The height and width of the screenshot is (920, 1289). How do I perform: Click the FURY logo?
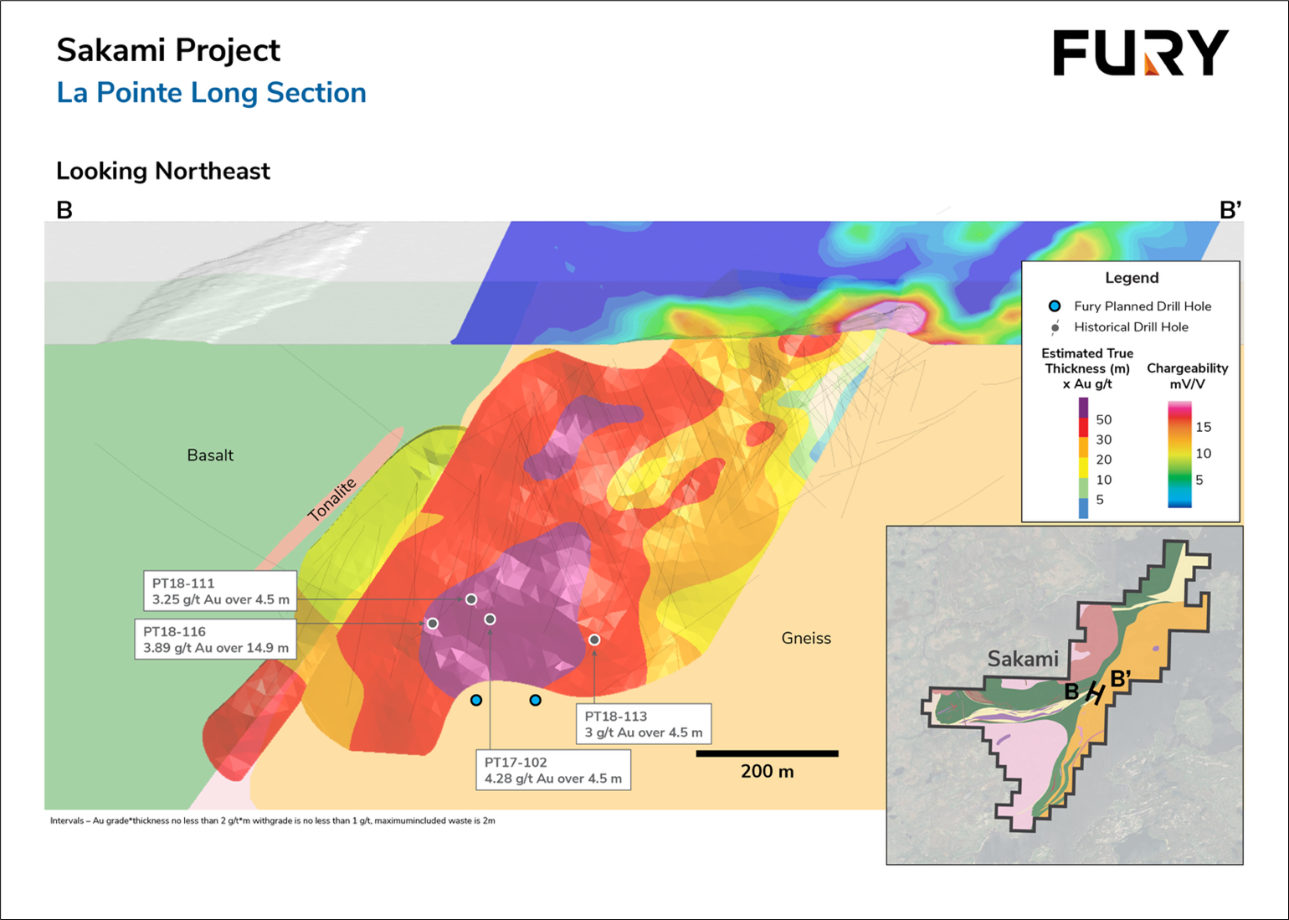tap(1140, 53)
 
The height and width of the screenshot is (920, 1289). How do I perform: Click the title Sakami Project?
tap(168, 50)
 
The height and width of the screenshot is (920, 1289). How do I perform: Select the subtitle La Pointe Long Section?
tap(211, 93)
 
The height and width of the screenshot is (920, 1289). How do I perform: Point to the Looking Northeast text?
tap(162, 171)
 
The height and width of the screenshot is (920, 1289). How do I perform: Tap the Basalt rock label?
tap(210, 455)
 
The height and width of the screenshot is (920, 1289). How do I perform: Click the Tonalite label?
tap(332, 500)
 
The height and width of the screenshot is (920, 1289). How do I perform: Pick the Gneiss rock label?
tap(806, 638)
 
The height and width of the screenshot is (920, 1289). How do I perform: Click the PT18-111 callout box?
tap(220, 591)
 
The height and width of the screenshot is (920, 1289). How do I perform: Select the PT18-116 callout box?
tap(215, 640)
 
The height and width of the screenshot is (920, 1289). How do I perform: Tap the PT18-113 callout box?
tap(644, 724)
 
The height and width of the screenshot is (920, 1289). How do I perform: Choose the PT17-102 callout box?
tap(553, 770)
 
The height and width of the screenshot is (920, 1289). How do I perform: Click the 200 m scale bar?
tap(767, 754)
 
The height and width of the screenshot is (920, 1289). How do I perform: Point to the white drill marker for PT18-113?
tap(594, 640)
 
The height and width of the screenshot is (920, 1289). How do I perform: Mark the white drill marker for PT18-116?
tap(433, 624)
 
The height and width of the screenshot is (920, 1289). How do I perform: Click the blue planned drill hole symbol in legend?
tap(1055, 306)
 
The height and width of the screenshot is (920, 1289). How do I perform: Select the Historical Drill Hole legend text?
tap(1131, 327)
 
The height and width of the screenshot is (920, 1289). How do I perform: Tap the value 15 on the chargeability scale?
tap(1203, 427)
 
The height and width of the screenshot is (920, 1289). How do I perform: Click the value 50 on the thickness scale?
tap(1103, 419)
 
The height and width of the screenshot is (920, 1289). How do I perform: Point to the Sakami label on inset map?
tap(1023, 659)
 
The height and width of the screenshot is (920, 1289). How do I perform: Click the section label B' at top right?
tap(1230, 210)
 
